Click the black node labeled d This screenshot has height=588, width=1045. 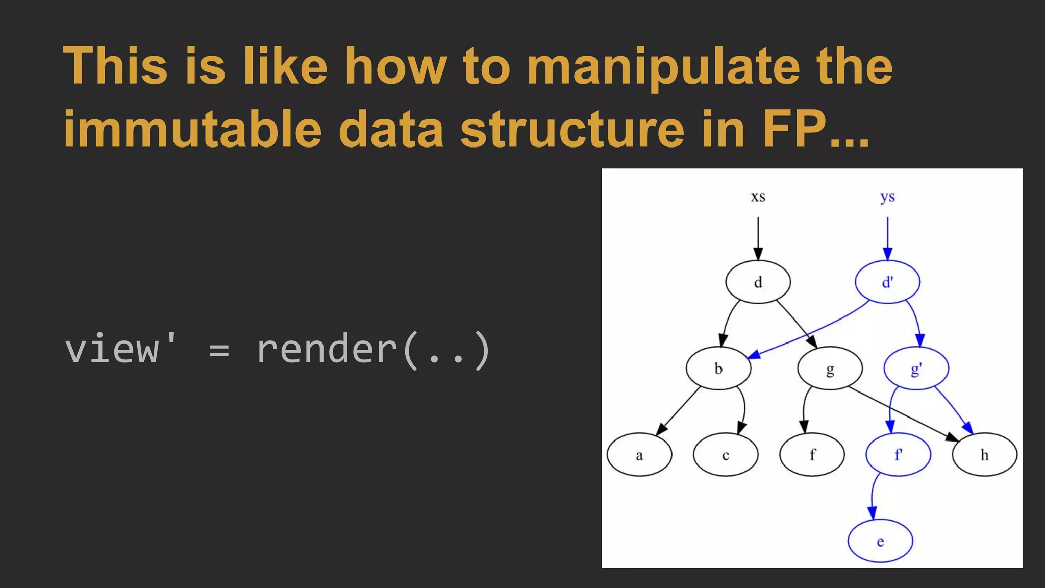(x=758, y=282)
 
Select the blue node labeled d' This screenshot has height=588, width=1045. (x=887, y=282)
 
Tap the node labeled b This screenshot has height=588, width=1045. (x=718, y=368)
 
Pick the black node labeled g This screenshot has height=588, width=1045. (x=830, y=368)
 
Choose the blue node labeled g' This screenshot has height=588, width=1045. (x=916, y=368)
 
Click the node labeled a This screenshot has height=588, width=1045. (x=639, y=455)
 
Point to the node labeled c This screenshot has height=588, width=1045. (x=726, y=455)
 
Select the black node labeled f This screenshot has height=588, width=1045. (x=812, y=455)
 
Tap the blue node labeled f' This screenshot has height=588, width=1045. (x=898, y=455)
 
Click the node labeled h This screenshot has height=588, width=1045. (x=984, y=455)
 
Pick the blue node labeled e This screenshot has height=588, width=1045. (x=880, y=541)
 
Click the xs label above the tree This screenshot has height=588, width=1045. (x=758, y=197)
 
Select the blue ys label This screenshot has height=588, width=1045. (x=887, y=197)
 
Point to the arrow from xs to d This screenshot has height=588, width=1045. (x=758, y=238)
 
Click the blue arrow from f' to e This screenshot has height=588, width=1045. (x=872, y=498)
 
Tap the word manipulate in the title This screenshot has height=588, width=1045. (x=662, y=67)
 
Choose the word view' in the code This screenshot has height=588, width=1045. (x=121, y=350)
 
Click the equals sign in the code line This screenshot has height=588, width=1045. (x=219, y=351)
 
